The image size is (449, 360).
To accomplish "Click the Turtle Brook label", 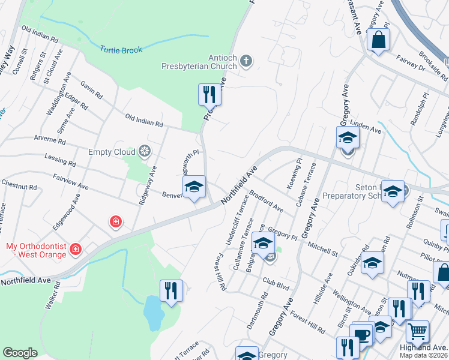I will point(121,50).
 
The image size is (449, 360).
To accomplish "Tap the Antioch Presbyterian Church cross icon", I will point(246,61).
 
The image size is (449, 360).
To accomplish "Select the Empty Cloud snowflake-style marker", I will point(144,151).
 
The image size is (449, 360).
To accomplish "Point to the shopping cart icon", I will point(417,331).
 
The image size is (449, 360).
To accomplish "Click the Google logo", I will point(20,353).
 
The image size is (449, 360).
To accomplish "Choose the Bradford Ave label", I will point(266,201).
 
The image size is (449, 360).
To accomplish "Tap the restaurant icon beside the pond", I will point(171,292).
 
